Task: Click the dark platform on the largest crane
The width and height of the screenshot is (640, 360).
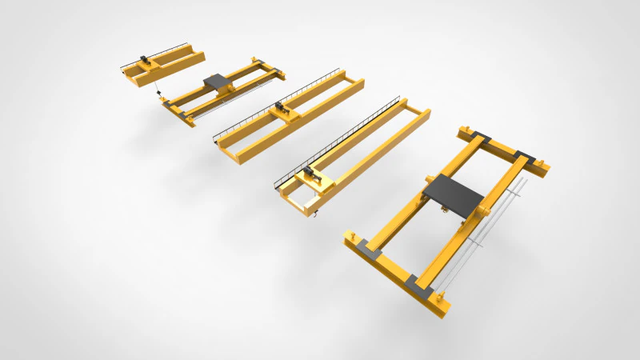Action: pos(453,193)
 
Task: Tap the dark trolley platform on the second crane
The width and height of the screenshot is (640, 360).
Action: pos(215,81)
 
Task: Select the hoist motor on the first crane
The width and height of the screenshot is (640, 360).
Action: pos(143,59)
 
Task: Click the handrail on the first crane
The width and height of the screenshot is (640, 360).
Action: pos(156,53)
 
